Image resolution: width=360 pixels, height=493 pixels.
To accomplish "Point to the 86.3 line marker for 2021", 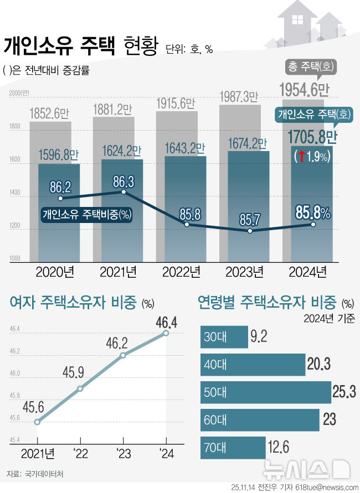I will tap(124, 191).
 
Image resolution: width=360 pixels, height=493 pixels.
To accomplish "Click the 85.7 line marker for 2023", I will tap(250, 230).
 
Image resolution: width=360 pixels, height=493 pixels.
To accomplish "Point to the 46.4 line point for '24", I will tap(165, 333).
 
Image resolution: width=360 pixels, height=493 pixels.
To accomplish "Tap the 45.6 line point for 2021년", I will tap(37, 422).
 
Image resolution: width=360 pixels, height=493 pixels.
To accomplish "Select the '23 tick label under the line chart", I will tap(123, 454).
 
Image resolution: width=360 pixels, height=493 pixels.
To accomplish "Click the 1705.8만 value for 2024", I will tap(312, 136).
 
